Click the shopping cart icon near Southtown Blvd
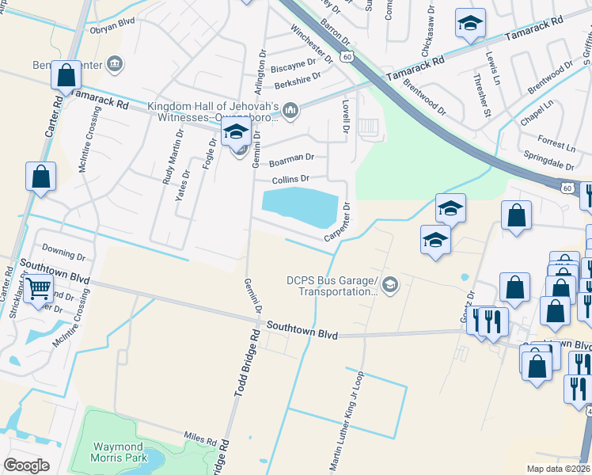tap(38, 289)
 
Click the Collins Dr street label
tap(290, 180)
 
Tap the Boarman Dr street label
tap(291, 159)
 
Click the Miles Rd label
tap(199, 439)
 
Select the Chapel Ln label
tap(537, 112)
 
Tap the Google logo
tap(27, 465)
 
